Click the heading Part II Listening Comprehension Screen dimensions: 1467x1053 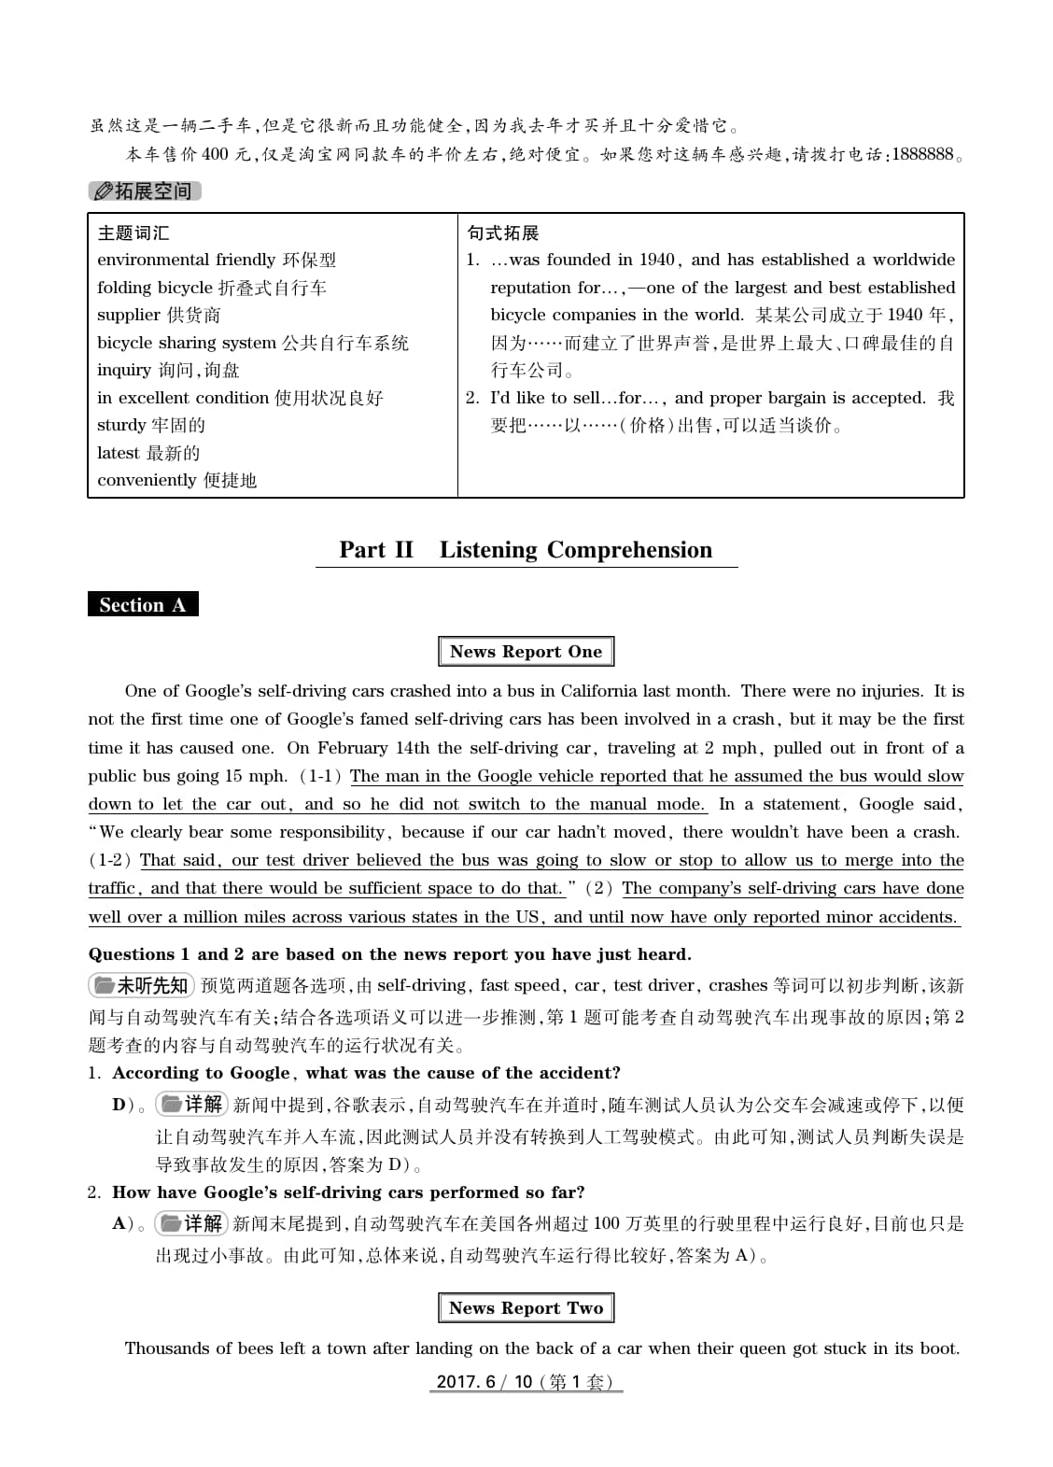pyautogui.click(x=526, y=550)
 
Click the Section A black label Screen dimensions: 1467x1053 pyautogui.click(x=143, y=605)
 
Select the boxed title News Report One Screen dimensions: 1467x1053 pyautogui.click(x=526, y=652)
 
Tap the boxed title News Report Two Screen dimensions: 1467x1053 pyautogui.click(x=526, y=1308)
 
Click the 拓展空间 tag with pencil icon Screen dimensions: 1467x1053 pyautogui.click(x=145, y=191)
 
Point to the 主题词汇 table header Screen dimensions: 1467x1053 pyautogui.click(x=133, y=233)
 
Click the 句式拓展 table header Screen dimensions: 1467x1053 pyautogui.click(x=503, y=233)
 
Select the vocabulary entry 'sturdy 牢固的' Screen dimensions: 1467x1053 pyautogui.click(x=151, y=426)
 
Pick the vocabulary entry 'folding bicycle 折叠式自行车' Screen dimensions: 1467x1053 pyautogui.click(x=212, y=288)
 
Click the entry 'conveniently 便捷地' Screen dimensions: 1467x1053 pyautogui.click(x=176, y=481)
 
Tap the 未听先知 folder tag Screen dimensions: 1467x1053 pyautogui.click(x=141, y=986)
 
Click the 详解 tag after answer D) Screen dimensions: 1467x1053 pyautogui.click(x=191, y=1105)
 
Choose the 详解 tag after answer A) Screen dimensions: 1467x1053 pyautogui.click(x=191, y=1223)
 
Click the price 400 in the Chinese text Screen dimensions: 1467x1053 pyautogui.click(x=215, y=155)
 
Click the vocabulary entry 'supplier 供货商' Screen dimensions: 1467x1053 pyautogui.click(x=159, y=316)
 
